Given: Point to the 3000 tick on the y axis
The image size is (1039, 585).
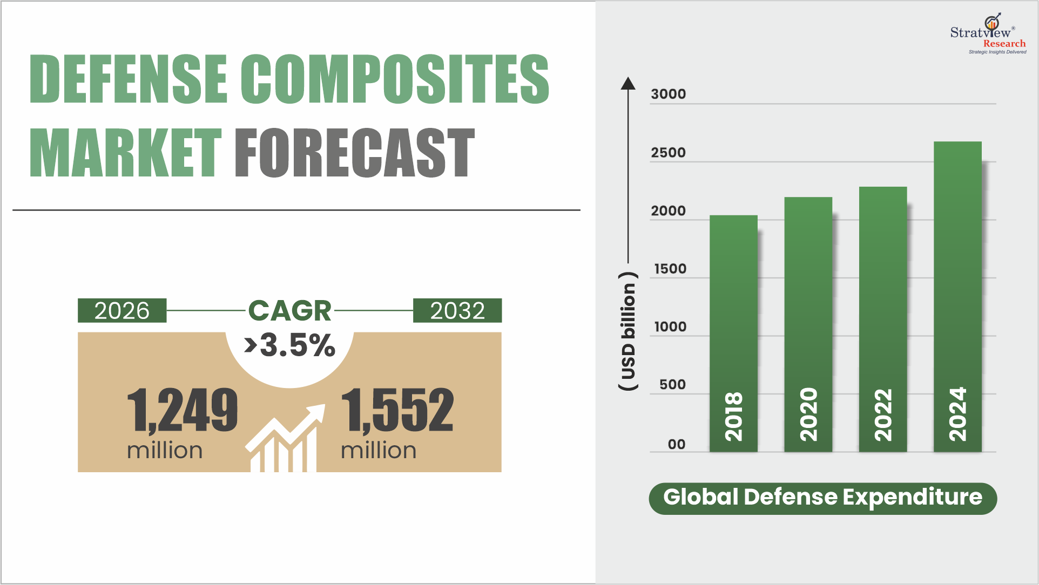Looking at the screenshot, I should (668, 94).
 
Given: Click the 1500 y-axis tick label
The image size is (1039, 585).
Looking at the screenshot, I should (670, 269).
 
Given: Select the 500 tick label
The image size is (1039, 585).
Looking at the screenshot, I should (672, 385).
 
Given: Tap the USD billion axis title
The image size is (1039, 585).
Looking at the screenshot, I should (628, 331).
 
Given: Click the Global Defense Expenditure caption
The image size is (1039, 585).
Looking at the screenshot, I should (822, 498).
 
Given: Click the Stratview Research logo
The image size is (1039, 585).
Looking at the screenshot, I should (988, 34).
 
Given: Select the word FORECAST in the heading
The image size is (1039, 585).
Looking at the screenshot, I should (354, 153).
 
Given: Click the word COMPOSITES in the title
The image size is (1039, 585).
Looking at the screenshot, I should (394, 79).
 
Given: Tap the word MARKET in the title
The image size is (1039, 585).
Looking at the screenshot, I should (125, 153).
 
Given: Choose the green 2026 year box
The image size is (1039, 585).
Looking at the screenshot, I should (122, 311).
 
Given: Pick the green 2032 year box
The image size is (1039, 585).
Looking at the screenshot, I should (457, 311).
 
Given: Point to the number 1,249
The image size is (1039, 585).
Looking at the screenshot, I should (183, 410).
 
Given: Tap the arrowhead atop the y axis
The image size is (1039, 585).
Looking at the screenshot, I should (628, 83).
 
